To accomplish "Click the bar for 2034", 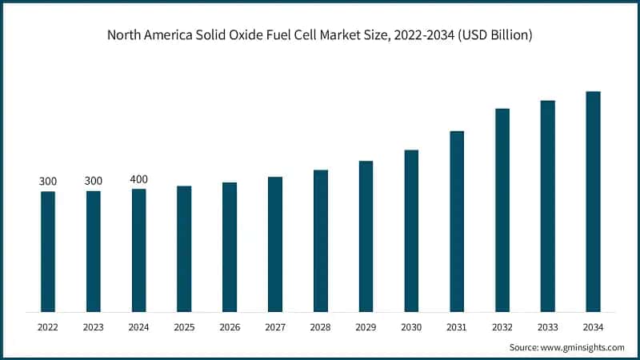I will (x=593, y=202).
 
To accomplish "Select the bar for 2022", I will (x=48, y=251).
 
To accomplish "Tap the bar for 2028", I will (x=321, y=241).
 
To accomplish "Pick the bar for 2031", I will (x=457, y=221).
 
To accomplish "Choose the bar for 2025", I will (x=184, y=249).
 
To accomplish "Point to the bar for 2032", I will (x=502, y=210).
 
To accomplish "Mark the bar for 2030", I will (x=411, y=230).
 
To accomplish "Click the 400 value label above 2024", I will (x=138, y=179).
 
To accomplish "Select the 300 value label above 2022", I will (x=48, y=182).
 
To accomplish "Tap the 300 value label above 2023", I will (x=94, y=182).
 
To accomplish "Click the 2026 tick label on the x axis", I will (x=230, y=326).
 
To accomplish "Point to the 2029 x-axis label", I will (x=366, y=326).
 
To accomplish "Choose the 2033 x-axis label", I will (x=547, y=326).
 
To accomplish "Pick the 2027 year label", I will (x=275, y=326).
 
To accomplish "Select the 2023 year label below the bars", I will (x=94, y=326).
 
